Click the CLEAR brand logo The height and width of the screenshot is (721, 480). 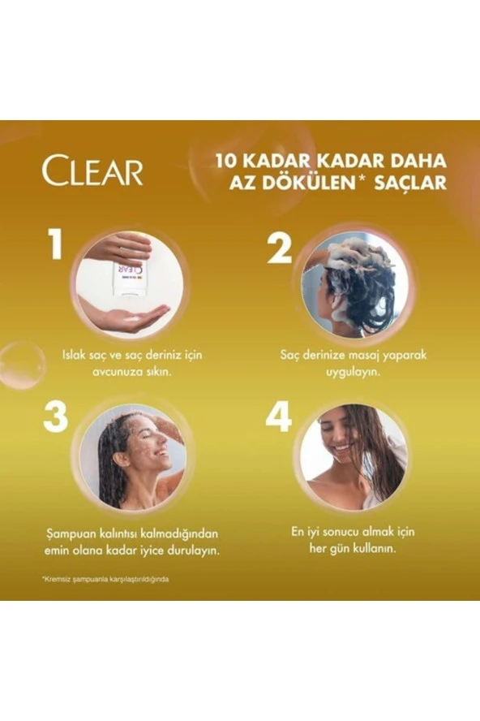(x=92, y=171)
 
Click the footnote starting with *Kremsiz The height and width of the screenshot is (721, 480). (x=105, y=579)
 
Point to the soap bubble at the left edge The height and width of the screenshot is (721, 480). (x=21, y=365)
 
